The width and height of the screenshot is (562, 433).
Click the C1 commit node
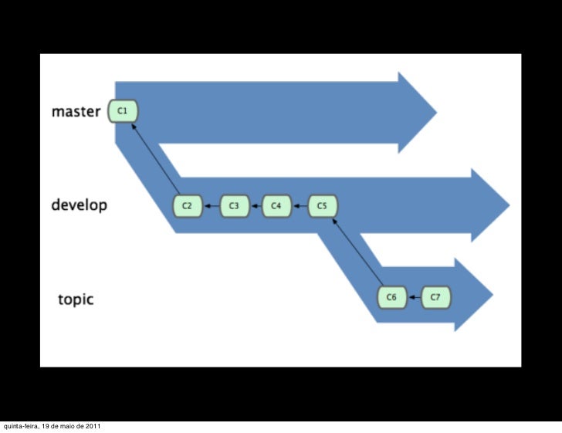pyautogui.click(x=123, y=111)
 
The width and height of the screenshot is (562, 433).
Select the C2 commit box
pyautogui.click(x=187, y=206)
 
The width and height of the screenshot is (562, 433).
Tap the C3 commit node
pyautogui.click(x=235, y=206)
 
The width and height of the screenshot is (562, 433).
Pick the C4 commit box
pyautogui.click(x=276, y=206)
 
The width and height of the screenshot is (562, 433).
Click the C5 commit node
pyautogui.click(x=323, y=206)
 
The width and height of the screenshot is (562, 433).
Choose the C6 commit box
pyautogui.click(x=391, y=297)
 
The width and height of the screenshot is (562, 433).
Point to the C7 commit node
pyautogui.click(x=435, y=297)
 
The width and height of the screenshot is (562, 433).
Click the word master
pyautogui.click(x=76, y=112)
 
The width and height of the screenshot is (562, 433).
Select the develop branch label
pyautogui.click(x=79, y=206)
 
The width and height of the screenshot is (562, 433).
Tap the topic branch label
pyautogui.click(x=76, y=299)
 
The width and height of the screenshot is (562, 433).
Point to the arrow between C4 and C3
pyautogui.click(x=256, y=206)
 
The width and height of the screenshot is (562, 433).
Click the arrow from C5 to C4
pyautogui.click(x=300, y=206)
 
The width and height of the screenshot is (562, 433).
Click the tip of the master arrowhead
pyautogui.click(x=435, y=112)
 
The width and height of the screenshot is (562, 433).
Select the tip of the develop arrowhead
pyautogui.click(x=509, y=206)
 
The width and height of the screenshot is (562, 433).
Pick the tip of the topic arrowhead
pyautogui.click(x=492, y=295)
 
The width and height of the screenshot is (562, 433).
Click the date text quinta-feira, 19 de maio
pyautogui.click(x=51, y=427)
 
